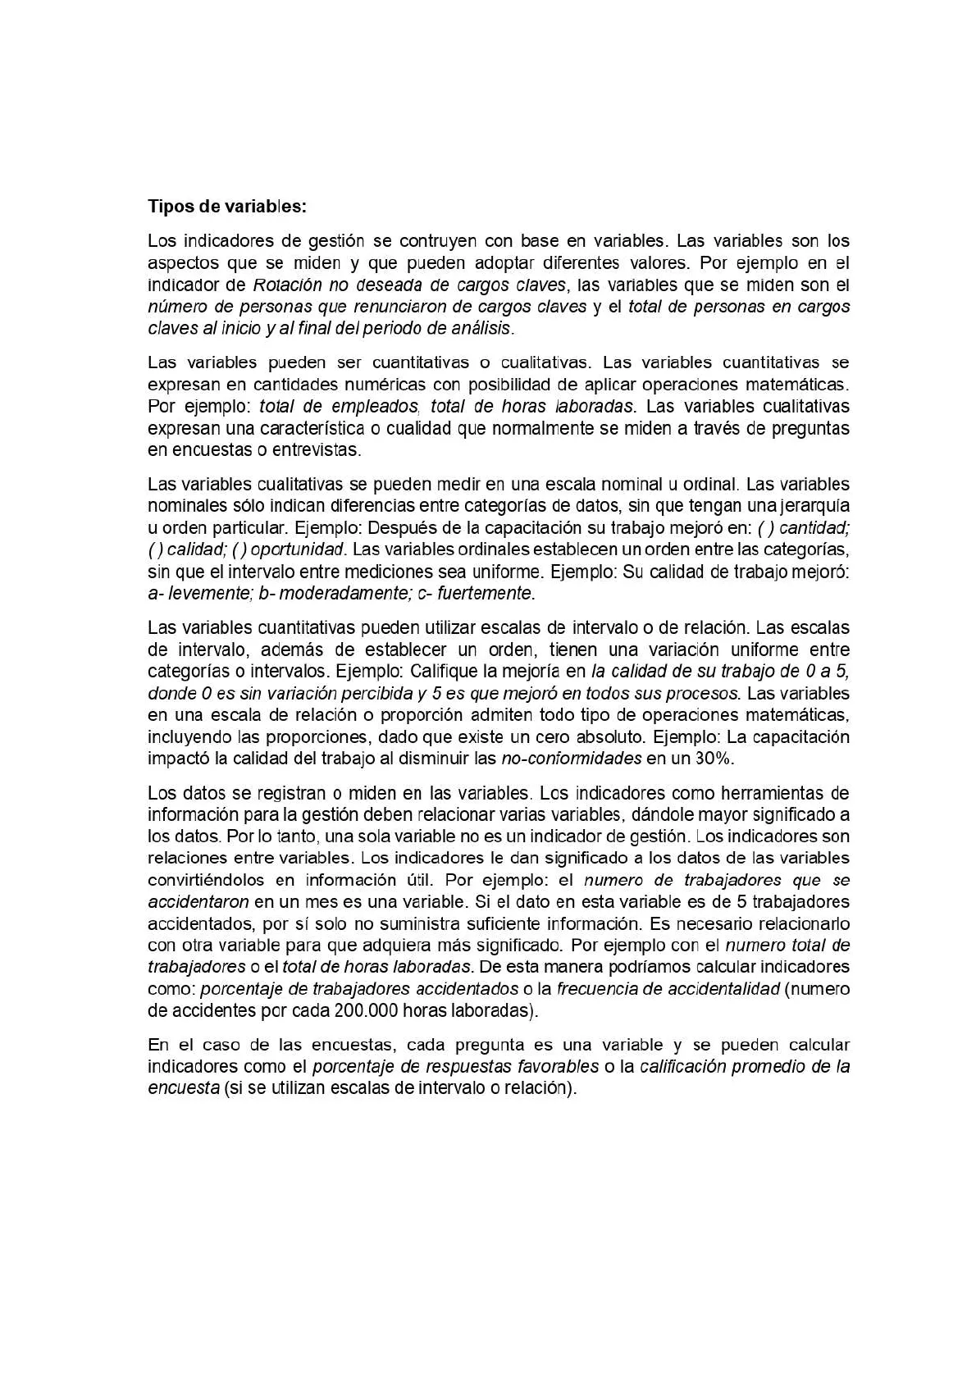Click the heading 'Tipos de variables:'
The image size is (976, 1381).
coord(226,207)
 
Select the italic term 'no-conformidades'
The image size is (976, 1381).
coord(571,759)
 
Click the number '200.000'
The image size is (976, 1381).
coord(367,1010)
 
